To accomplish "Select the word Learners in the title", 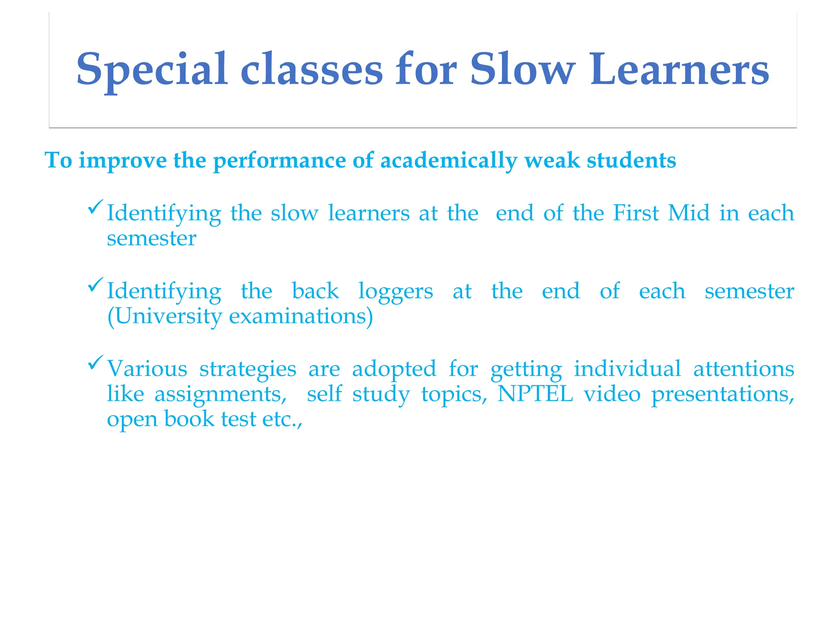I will click(679, 69).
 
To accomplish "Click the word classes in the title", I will click(312, 69).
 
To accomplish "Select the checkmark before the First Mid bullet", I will click(96, 207).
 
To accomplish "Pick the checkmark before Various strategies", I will click(96, 363).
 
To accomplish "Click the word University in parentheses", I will click(165, 316).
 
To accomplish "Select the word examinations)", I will click(301, 316).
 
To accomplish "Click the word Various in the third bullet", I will click(147, 369).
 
